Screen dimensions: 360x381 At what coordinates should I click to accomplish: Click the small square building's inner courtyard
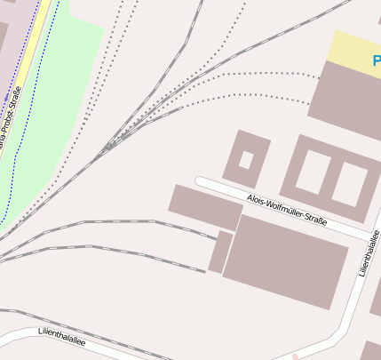246,160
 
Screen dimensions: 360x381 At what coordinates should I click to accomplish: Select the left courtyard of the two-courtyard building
313,172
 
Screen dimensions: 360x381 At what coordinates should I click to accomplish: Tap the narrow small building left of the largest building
220,252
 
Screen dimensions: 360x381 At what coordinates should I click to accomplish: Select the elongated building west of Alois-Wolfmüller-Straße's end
205,207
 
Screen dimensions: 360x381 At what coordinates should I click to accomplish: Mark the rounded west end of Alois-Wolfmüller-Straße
201,181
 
